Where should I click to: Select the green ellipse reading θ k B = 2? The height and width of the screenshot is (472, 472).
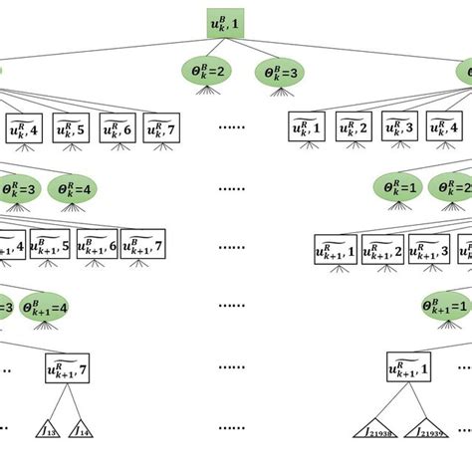point(206,72)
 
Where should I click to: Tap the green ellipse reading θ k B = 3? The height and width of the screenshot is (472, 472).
point(280,72)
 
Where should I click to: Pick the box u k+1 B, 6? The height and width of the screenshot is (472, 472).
point(98,246)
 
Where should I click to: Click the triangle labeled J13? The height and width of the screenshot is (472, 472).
point(48,431)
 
